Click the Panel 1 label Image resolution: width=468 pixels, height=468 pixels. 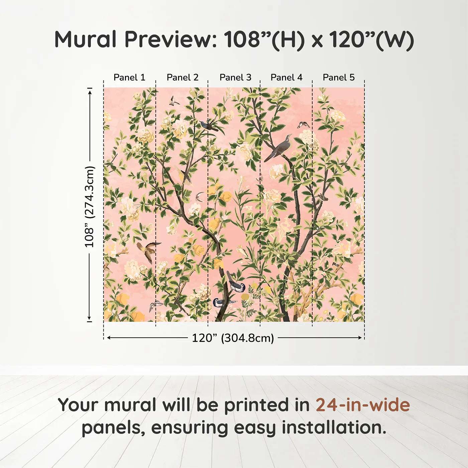point(129,78)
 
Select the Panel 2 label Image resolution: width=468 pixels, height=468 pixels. point(183,78)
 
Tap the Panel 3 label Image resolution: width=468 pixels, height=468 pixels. point(235,78)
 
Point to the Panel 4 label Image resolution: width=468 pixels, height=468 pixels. point(286,78)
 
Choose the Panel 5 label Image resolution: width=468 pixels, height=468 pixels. point(339,78)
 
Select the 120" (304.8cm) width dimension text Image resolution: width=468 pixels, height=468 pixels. point(233,338)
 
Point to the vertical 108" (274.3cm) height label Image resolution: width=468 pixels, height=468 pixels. point(90,207)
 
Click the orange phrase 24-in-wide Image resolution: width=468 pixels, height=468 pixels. point(363,405)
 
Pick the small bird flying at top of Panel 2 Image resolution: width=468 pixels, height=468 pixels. point(173,101)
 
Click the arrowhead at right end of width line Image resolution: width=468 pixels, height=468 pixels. point(360,338)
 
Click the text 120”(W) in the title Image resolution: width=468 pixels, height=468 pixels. point(371,39)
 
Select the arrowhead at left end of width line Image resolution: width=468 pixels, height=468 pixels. point(108,338)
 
